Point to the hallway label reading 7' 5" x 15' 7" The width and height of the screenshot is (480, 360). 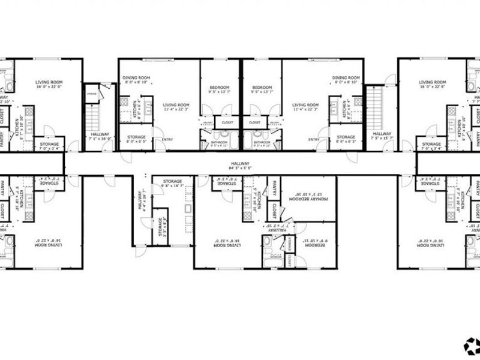click(382, 136)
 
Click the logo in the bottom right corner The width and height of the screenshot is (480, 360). click(470, 347)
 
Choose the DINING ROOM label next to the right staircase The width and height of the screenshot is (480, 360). click(346, 80)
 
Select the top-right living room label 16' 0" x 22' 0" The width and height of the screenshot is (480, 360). click(433, 85)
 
